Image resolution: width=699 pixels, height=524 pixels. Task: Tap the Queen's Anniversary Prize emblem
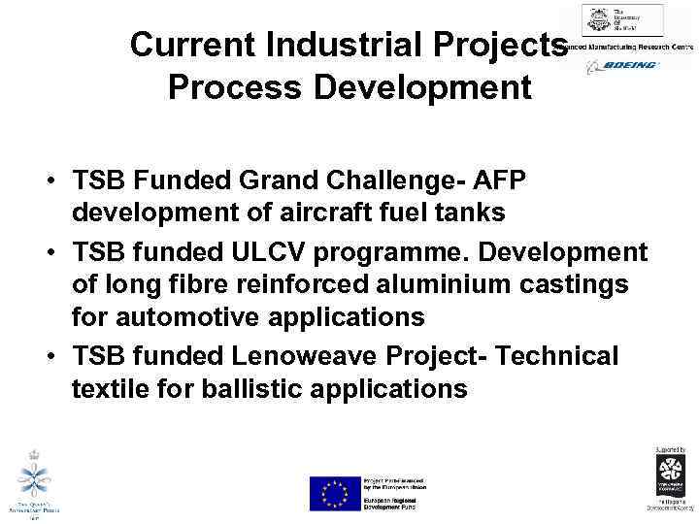[36, 479]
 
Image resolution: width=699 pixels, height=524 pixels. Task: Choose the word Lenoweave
[312, 357]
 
